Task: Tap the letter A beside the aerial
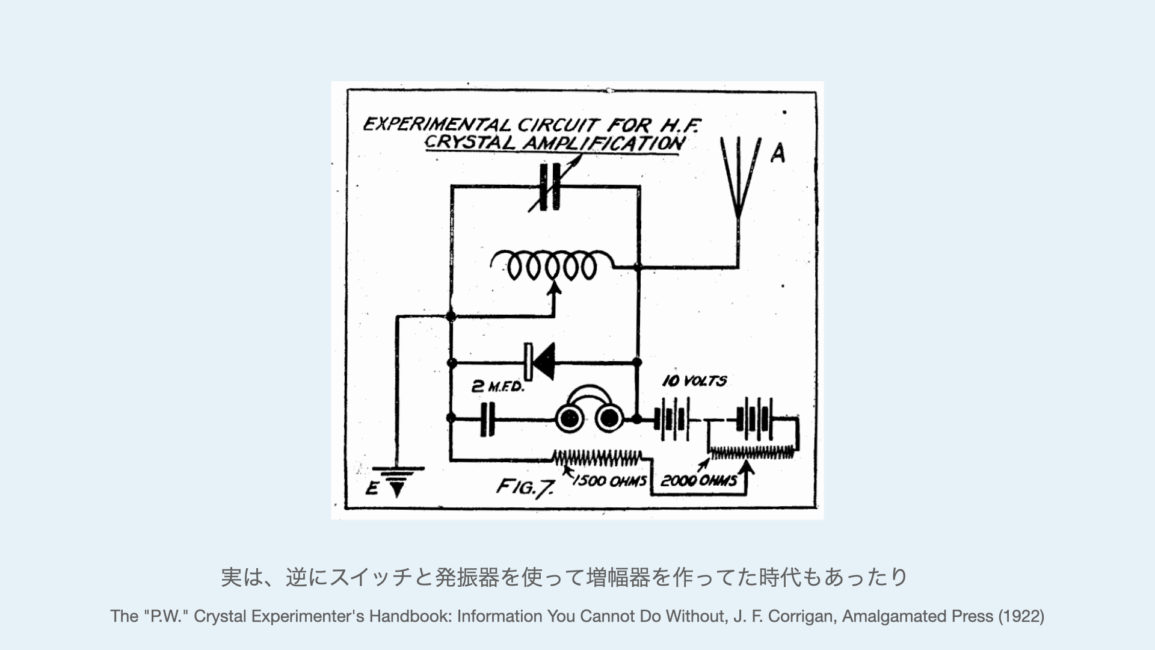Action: (x=778, y=154)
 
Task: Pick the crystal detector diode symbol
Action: (x=540, y=362)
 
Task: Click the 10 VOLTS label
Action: (x=694, y=381)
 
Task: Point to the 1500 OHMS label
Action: (x=609, y=481)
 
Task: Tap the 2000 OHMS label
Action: (x=698, y=481)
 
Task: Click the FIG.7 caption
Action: (x=524, y=487)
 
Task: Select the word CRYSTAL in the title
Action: (x=470, y=143)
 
